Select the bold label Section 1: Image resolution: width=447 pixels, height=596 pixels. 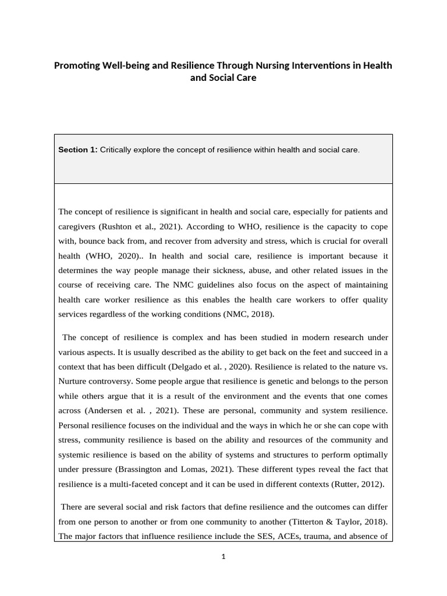78,150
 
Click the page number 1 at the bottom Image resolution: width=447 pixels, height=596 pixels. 223,556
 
